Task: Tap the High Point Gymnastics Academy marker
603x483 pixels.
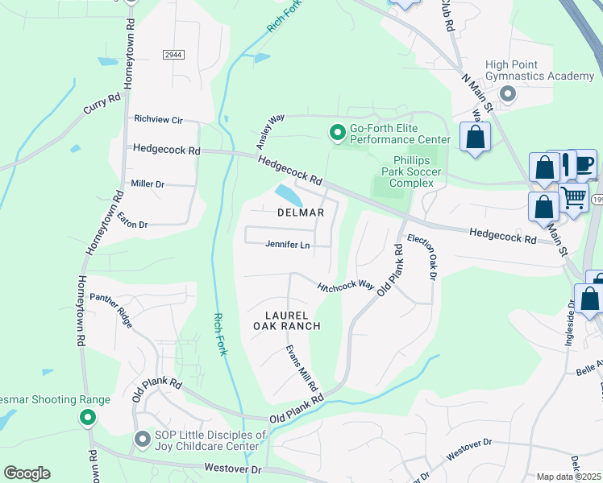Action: pos(508,94)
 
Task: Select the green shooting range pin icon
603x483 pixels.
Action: pos(87,418)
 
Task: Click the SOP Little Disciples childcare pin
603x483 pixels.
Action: pos(143,439)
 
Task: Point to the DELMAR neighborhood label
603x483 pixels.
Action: pos(301,213)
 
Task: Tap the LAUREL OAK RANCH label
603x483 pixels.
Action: pos(287,320)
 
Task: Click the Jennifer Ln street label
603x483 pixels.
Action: pos(288,246)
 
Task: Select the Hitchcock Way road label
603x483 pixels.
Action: pos(346,287)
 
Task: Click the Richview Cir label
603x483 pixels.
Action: pos(159,120)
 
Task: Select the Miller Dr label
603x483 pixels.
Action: pos(148,184)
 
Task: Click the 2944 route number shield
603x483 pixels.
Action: pos(173,54)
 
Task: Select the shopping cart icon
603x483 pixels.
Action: pos(573,196)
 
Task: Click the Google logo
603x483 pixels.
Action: pos(27,473)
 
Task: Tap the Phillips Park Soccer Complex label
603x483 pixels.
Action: pos(416,171)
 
